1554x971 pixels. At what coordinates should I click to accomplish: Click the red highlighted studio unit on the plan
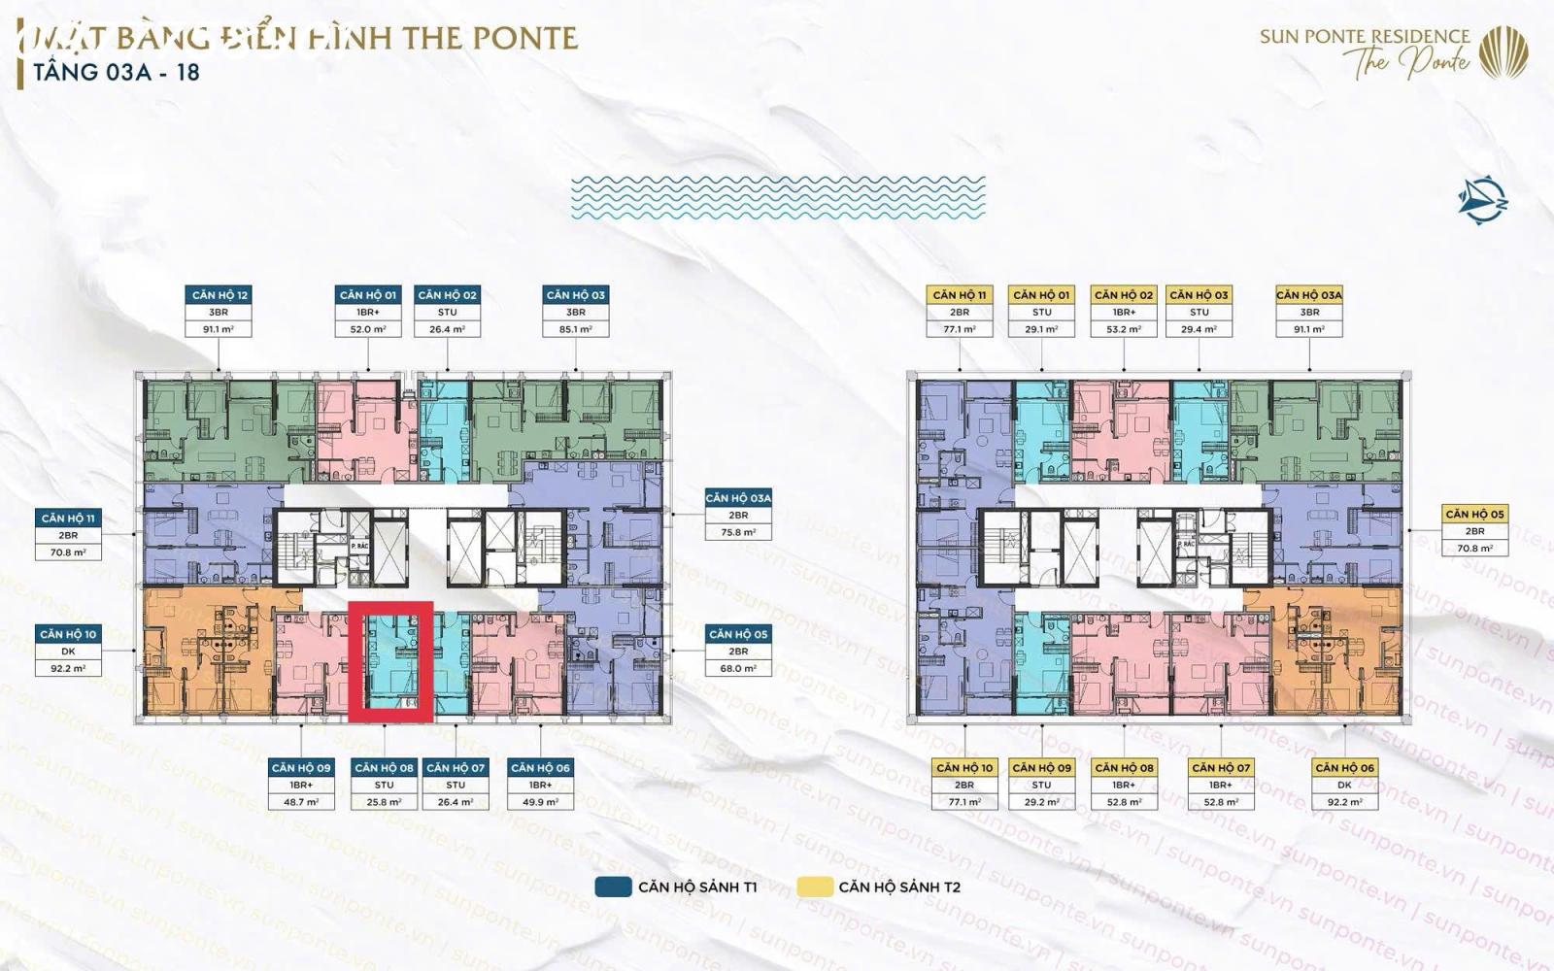398,661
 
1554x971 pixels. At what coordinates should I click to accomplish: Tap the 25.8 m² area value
385,802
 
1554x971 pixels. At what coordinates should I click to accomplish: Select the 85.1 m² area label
576,329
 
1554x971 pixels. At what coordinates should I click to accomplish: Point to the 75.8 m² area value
738,532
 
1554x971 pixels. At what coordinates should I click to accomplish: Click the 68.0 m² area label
738,668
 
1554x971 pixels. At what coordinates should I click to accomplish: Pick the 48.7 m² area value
301,802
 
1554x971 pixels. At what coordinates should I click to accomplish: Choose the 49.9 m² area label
540,802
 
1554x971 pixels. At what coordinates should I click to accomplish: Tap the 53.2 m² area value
1124,329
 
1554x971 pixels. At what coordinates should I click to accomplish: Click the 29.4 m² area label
1199,329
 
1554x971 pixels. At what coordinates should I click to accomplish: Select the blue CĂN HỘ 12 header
220,294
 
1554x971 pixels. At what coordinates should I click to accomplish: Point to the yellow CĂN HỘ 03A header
1309,294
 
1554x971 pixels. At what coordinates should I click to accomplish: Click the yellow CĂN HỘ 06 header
1344,767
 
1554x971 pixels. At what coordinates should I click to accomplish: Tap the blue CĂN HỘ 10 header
68,634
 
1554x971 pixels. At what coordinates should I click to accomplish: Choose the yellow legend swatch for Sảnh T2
814,887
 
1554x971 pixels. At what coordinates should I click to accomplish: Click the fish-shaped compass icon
1482,200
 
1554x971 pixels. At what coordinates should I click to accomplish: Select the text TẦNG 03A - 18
117,72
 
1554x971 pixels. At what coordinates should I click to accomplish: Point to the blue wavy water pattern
777,196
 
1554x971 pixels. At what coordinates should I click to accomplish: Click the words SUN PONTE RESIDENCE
1365,37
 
